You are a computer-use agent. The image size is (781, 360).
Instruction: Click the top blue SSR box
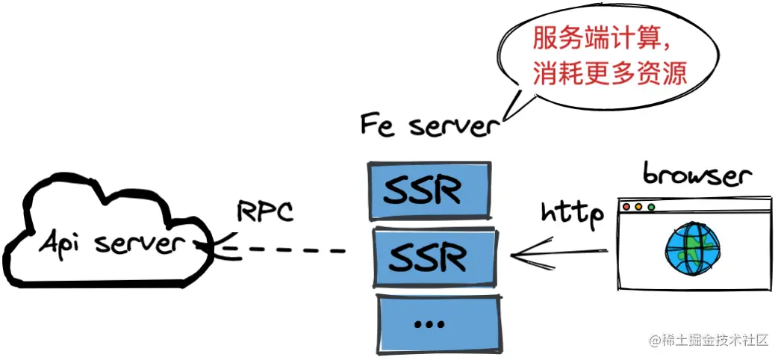click(x=432, y=190)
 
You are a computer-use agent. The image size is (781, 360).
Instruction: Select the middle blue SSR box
click(x=433, y=257)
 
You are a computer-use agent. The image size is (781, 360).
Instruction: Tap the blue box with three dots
click(x=437, y=323)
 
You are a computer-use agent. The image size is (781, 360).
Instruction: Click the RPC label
click(x=265, y=211)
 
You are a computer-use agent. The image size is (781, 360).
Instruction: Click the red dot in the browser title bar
click(x=626, y=206)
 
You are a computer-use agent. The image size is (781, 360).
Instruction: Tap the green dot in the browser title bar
click(x=651, y=206)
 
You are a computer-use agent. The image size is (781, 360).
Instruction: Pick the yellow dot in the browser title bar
click(x=638, y=206)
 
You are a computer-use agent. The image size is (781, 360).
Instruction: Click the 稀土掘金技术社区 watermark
click(x=709, y=341)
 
